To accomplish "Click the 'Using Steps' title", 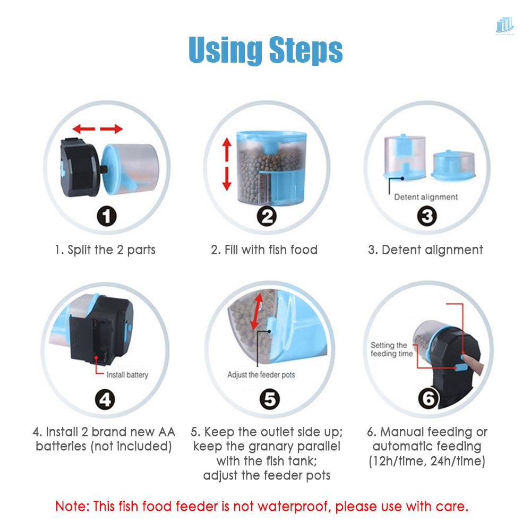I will pyautogui.click(x=265, y=50).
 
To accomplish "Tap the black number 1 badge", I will pyautogui.click(x=106, y=216).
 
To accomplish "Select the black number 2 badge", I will pyautogui.click(x=267, y=216).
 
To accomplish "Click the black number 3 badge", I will pyautogui.click(x=428, y=216).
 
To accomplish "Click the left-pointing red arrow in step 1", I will pyautogui.click(x=84, y=129).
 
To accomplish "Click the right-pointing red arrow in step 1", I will pyautogui.click(x=112, y=129).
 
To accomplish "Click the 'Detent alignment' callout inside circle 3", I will pyautogui.click(x=425, y=197).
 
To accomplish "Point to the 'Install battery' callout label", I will pyautogui.click(x=127, y=375).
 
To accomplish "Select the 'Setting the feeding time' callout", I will pyautogui.click(x=389, y=349).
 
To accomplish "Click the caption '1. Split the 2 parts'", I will pyautogui.click(x=105, y=250).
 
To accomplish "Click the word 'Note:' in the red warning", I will pyautogui.click(x=72, y=506).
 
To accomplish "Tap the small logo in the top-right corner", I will pyautogui.click(x=505, y=27).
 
